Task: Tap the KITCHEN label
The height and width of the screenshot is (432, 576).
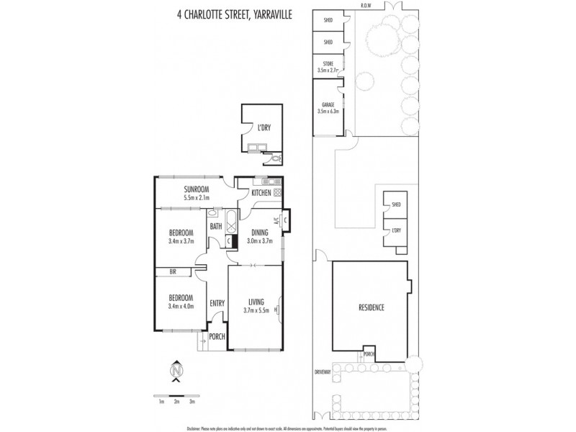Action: [261, 193]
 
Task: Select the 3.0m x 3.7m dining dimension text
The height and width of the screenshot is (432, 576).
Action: [259, 241]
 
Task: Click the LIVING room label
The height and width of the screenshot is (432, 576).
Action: [257, 302]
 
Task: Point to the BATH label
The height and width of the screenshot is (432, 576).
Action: [215, 227]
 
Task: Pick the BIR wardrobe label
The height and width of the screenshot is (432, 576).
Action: [173, 272]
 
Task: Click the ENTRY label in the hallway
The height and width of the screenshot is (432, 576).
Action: [217, 304]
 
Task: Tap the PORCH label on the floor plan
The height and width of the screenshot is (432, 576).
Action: [217, 337]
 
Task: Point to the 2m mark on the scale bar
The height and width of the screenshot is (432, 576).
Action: [176, 402]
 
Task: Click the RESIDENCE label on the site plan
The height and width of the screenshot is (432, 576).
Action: [371, 307]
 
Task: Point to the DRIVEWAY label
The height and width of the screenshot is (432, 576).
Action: [323, 372]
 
